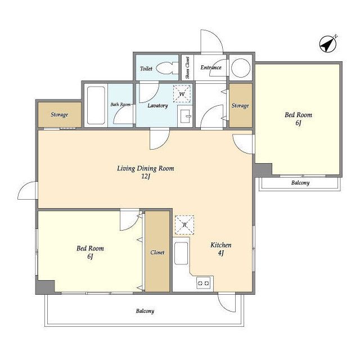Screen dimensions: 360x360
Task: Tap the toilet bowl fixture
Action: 167,68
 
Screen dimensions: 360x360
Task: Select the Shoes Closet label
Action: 187,67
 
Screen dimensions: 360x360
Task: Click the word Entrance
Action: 211,67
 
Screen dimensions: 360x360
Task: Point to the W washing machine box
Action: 182,93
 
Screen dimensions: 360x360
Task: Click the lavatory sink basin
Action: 185,116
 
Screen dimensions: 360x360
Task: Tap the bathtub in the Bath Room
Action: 96,105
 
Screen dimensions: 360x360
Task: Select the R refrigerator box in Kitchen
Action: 184,225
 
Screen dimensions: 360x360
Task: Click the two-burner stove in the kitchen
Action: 204,283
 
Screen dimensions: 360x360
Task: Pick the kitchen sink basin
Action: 181,254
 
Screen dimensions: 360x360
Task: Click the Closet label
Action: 157,253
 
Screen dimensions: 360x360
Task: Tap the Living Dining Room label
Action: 146,168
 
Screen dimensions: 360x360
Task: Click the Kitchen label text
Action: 221,245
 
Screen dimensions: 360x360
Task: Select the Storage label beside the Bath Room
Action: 59,115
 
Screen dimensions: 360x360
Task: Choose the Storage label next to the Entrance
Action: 240,106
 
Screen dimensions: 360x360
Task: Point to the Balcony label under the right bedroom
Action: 300,183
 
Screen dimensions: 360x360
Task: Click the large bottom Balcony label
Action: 145,311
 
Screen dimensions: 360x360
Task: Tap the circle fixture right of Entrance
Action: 241,68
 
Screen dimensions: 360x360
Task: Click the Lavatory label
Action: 157,106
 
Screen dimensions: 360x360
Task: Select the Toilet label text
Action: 146,69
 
